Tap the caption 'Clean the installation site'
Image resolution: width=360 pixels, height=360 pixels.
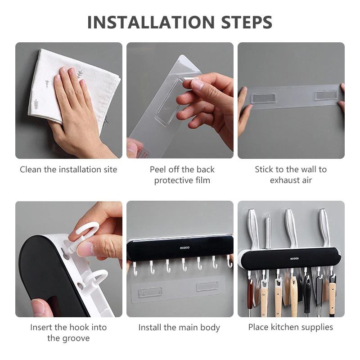click(68, 170)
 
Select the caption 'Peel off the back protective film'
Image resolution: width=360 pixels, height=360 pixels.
click(182, 175)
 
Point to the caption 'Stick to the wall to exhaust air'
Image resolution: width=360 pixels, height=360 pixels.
click(291, 175)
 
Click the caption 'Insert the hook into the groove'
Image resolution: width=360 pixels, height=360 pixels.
click(68, 333)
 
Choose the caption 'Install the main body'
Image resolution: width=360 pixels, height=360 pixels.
click(179, 328)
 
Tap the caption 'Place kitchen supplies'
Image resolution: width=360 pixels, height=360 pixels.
click(291, 327)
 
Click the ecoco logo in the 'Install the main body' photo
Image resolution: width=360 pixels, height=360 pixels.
click(180, 247)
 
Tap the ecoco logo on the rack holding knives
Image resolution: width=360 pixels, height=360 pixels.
click(294, 258)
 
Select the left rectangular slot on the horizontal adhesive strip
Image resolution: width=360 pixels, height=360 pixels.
click(263, 98)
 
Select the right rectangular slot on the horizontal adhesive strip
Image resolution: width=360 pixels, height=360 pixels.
click(325, 95)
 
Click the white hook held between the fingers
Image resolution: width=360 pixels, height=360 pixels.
click(85, 234)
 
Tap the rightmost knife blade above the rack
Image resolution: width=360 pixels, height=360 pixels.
click(324, 227)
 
